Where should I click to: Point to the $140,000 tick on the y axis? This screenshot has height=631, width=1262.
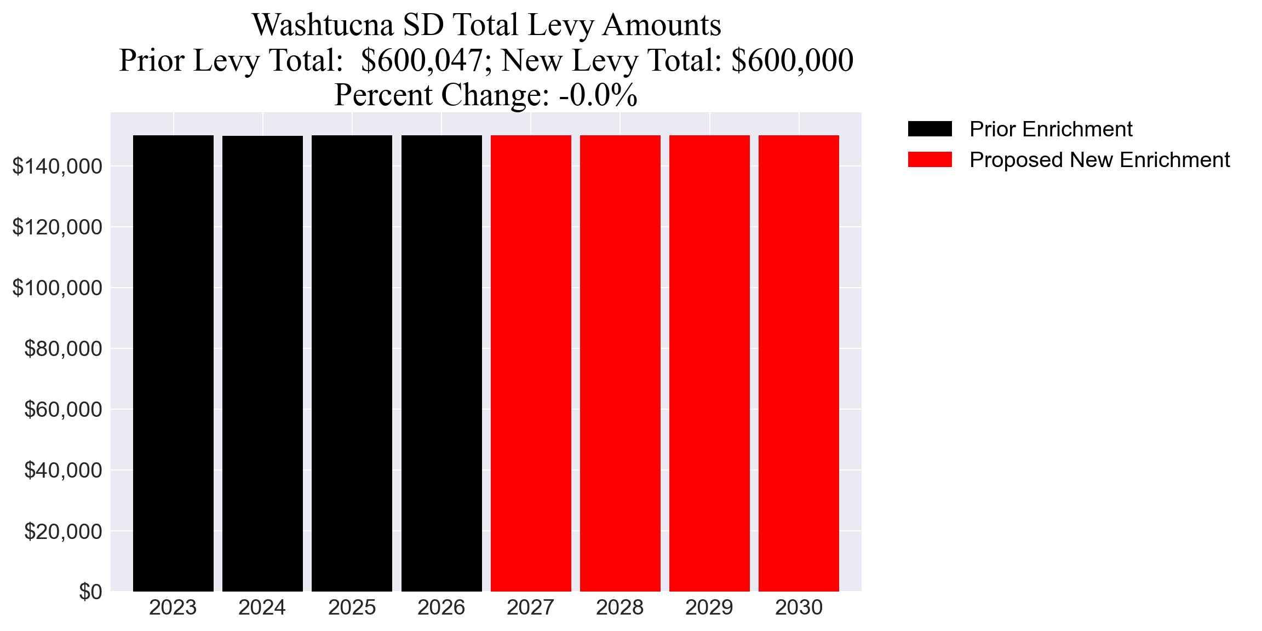[57, 167]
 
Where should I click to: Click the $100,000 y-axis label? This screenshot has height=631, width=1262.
[57, 288]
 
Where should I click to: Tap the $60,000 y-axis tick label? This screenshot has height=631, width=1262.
[63, 410]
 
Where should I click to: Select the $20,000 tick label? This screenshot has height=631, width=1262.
[63, 531]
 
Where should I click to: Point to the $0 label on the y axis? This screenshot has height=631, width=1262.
[90, 592]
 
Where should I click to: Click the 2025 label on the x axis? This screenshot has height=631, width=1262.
[352, 608]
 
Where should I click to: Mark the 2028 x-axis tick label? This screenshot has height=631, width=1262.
[620, 608]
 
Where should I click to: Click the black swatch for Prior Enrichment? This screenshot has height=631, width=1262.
[930, 129]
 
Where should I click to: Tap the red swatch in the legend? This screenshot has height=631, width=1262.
[930, 160]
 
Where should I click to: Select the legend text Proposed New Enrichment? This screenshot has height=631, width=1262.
[1099, 160]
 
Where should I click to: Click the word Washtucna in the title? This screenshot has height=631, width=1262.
[323, 25]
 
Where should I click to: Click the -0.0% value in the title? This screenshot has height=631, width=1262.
[598, 95]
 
